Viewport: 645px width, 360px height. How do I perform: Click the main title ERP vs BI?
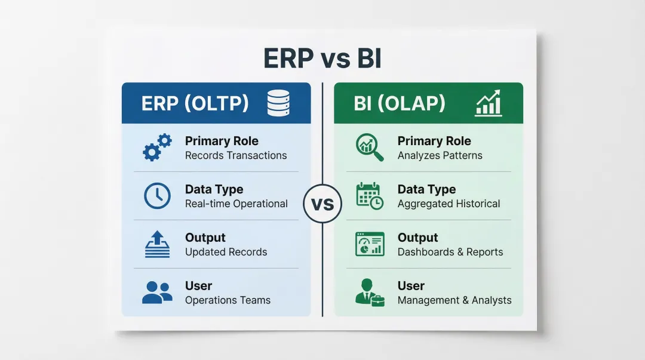(x=322, y=58)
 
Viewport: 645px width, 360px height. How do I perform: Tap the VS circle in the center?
(x=322, y=204)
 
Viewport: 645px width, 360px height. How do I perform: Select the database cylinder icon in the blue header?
(x=278, y=103)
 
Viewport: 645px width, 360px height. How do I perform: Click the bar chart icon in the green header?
(x=489, y=103)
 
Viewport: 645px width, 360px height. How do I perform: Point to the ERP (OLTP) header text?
(x=195, y=103)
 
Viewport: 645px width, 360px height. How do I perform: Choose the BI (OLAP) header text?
(x=400, y=103)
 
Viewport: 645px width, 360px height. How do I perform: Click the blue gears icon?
(x=157, y=147)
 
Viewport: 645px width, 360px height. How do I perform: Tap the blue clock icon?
(x=157, y=196)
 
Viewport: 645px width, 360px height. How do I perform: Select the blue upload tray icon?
(x=157, y=244)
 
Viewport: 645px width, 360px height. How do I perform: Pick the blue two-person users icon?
(x=157, y=293)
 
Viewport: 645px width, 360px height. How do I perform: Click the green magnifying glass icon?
(x=370, y=147)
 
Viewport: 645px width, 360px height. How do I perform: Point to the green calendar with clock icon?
(x=370, y=196)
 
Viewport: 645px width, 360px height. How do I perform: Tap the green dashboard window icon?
(x=370, y=244)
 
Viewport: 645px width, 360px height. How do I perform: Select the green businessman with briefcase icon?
(x=370, y=293)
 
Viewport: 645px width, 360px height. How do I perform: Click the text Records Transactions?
(x=236, y=155)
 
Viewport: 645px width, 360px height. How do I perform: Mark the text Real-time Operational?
(x=236, y=204)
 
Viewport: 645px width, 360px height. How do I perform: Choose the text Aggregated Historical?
(x=449, y=204)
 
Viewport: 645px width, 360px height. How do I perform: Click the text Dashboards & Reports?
(x=450, y=252)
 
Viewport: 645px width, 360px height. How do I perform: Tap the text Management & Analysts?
(x=454, y=300)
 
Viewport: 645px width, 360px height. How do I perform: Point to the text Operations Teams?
(x=228, y=300)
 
